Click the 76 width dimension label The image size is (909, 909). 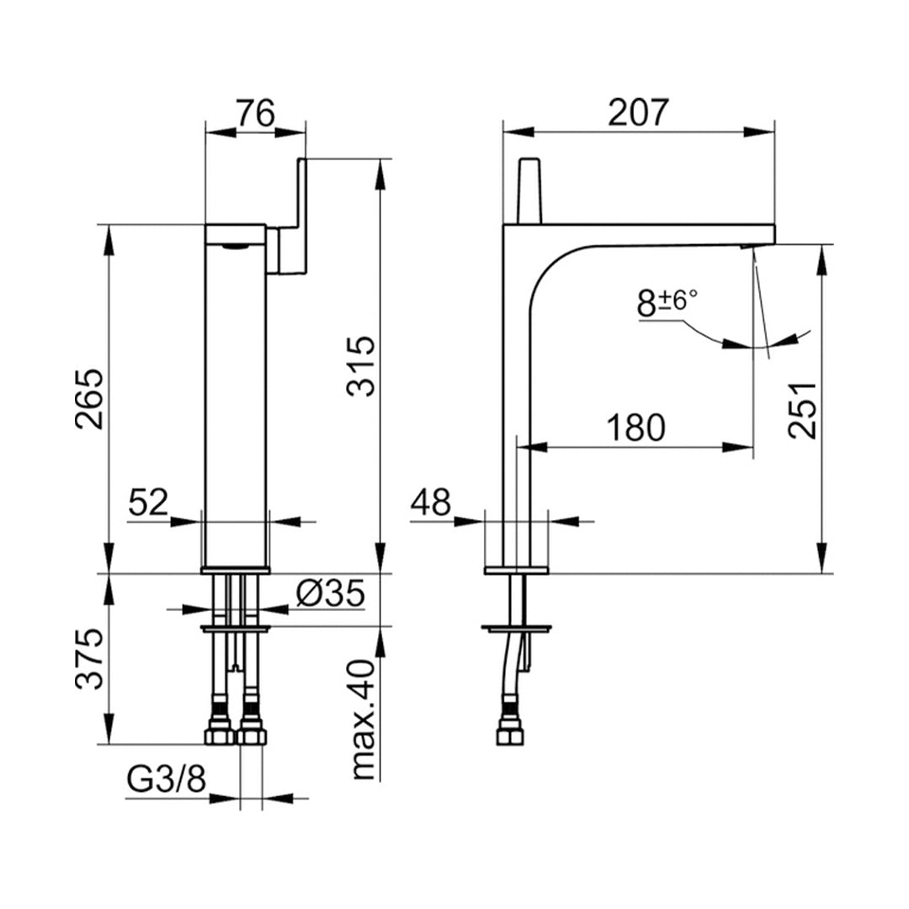tap(254, 113)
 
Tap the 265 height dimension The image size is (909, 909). tap(90, 399)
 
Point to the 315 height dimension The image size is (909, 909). tap(361, 366)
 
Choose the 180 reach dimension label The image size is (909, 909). tap(636, 428)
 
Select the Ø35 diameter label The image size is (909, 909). tap(330, 594)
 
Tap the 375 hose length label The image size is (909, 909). tap(90, 659)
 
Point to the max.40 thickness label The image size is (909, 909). tap(362, 719)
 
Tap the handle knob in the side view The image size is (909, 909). tap(529, 190)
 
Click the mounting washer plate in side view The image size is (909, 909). tap(516, 627)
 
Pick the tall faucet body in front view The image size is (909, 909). tap(236, 396)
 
